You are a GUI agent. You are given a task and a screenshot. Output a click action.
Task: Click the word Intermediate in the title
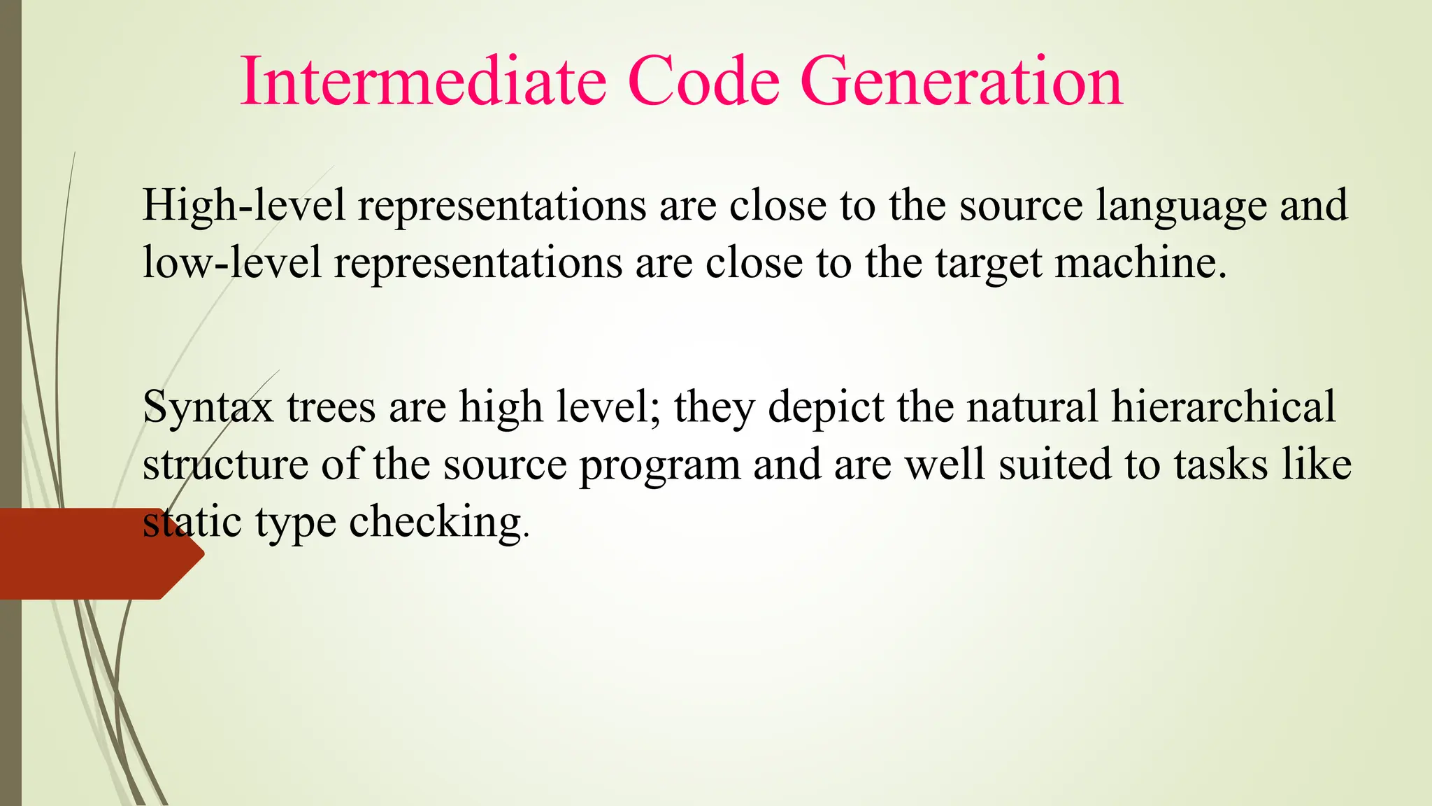[x=423, y=82]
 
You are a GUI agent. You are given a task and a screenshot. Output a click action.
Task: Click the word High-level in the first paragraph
[x=244, y=206]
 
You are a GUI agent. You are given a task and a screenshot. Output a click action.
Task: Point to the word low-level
[x=232, y=263]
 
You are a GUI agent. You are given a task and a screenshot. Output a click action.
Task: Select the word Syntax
[x=208, y=408]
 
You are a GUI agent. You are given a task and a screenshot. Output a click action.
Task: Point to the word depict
[x=826, y=408]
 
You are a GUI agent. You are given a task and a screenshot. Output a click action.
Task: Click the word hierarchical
[x=1223, y=407]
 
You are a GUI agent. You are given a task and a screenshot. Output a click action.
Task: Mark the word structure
[x=225, y=465]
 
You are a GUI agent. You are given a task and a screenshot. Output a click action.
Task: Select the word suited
[x=1056, y=465]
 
